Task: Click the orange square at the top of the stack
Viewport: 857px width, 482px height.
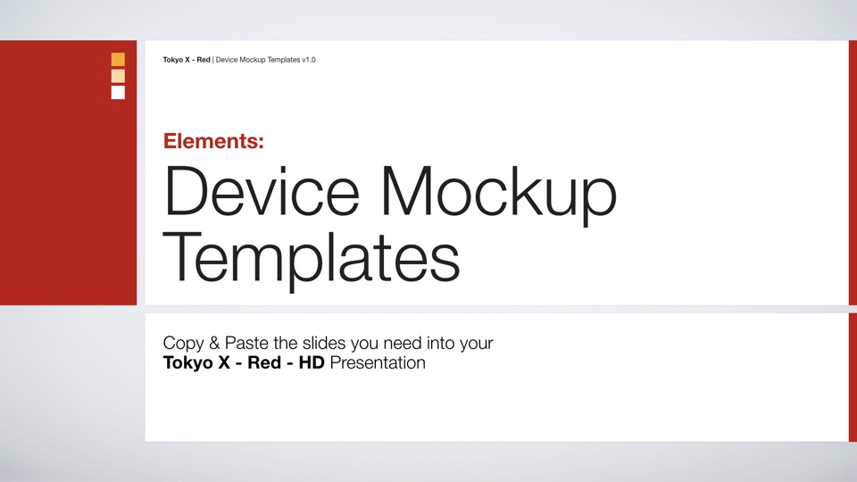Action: coord(118,60)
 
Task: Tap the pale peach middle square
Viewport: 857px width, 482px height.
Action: coord(118,76)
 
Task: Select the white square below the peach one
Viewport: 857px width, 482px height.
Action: coord(118,92)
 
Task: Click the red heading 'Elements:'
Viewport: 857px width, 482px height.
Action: coord(213,140)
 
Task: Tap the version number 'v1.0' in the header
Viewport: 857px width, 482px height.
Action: coord(308,60)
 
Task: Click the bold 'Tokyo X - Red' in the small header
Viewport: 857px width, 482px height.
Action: coord(187,60)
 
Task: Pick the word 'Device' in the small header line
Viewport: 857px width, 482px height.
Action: coord(228,60)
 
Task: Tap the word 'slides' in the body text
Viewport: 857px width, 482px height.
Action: coord(320,344)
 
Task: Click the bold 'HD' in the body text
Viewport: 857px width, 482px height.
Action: coord(311,363)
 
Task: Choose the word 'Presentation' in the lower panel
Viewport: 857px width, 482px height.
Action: coord(378,363)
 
